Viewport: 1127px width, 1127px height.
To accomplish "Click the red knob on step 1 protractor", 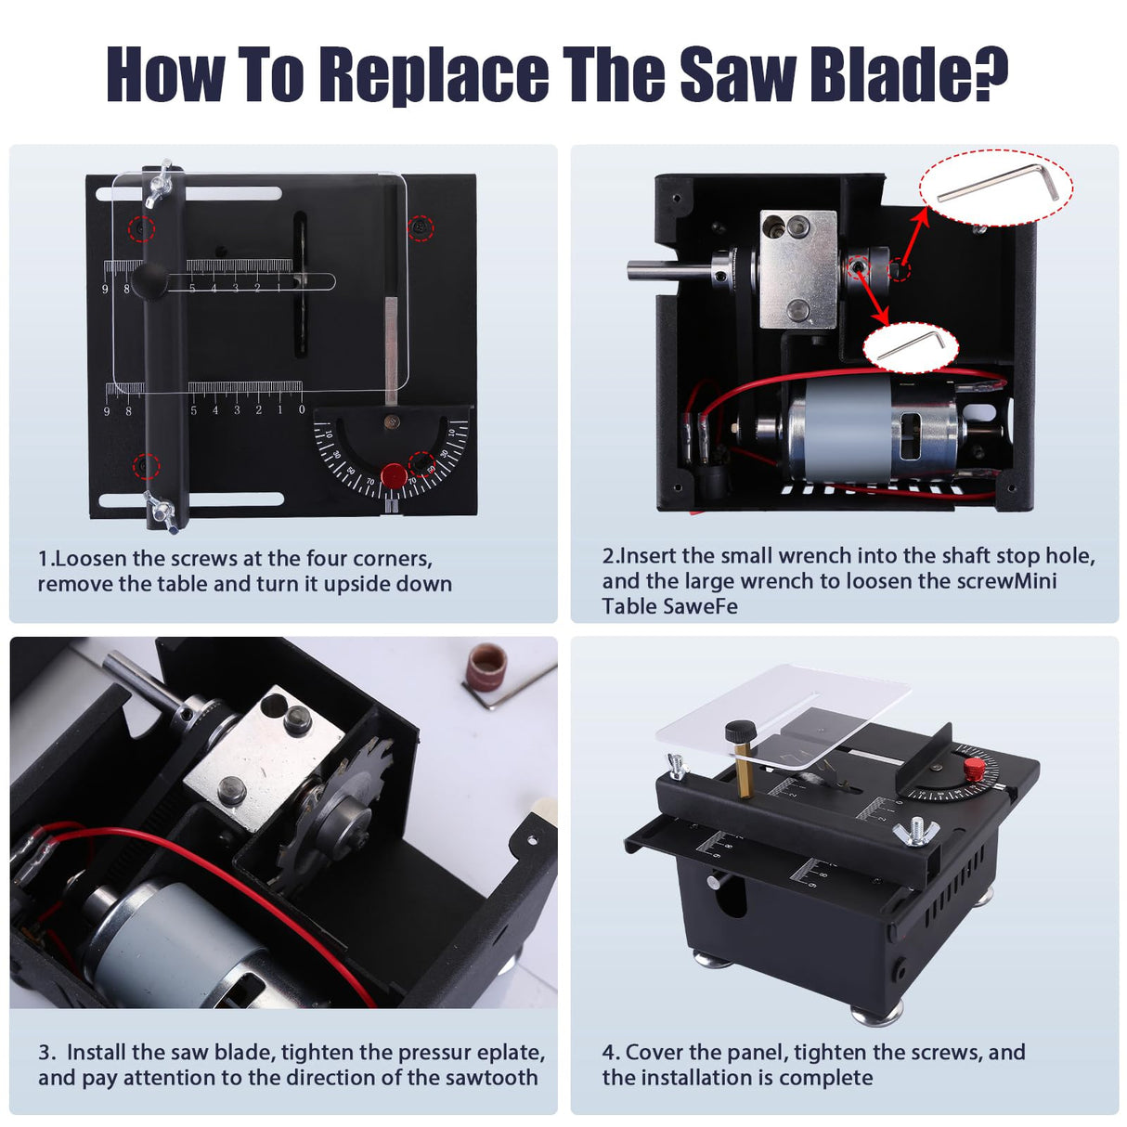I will point(394,475).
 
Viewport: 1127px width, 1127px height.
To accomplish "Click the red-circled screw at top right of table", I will point(421,226).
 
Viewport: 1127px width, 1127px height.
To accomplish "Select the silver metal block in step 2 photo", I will point(797,268).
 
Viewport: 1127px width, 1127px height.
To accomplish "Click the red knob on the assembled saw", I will point(973,769).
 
